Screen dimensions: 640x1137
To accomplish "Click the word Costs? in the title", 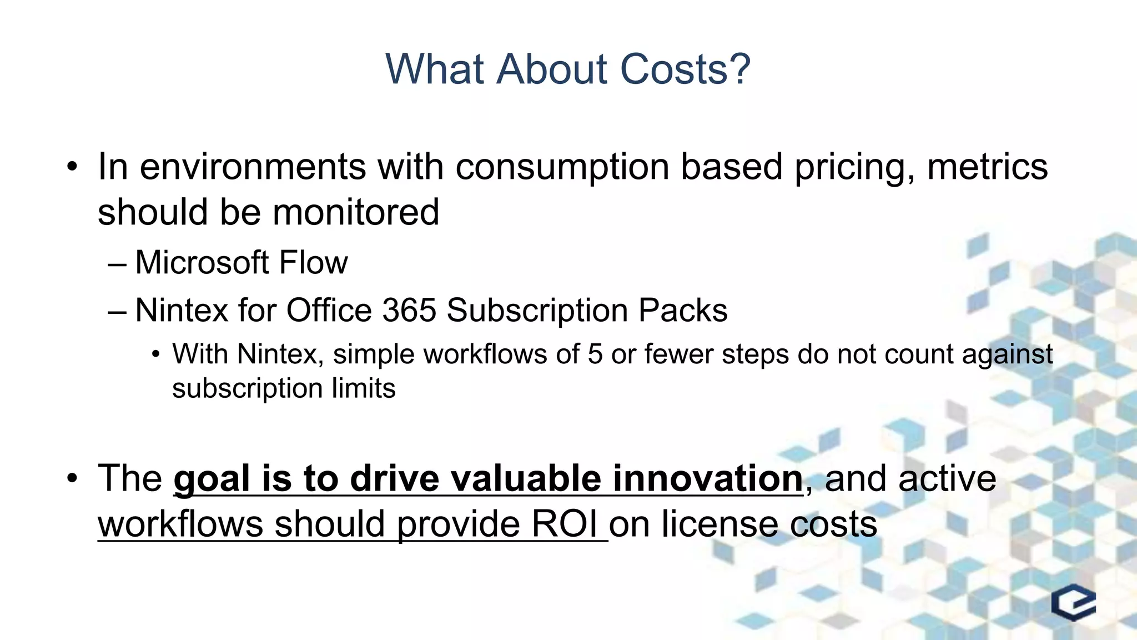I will [x=685, y=69].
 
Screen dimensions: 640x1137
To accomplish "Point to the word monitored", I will [x=356, y=212].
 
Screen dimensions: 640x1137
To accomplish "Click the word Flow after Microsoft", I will [x=313, y=262].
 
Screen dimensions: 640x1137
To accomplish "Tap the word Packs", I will [x=683, y=310].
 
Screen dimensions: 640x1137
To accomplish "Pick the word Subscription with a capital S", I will [x=537, y=310].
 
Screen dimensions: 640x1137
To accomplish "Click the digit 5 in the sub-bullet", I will [x=595, y=354].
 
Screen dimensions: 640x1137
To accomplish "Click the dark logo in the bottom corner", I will [x=1073, y=602].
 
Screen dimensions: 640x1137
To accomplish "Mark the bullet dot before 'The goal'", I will [x=72, y=478].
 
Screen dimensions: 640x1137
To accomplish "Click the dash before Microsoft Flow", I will [x=117, y=263].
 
